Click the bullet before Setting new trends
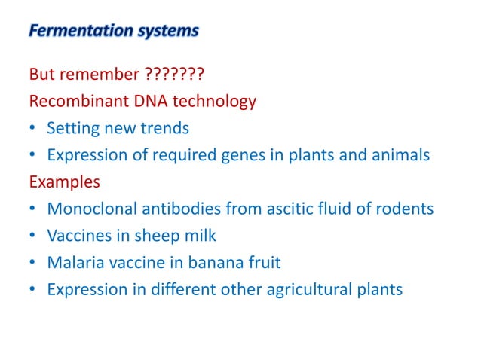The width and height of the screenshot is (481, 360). [33, 129]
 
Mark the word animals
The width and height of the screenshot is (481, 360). [403, 155]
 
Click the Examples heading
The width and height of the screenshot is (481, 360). [63, 182]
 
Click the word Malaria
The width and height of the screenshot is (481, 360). [73, 263]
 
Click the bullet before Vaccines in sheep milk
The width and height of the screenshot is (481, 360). [33, 236]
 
